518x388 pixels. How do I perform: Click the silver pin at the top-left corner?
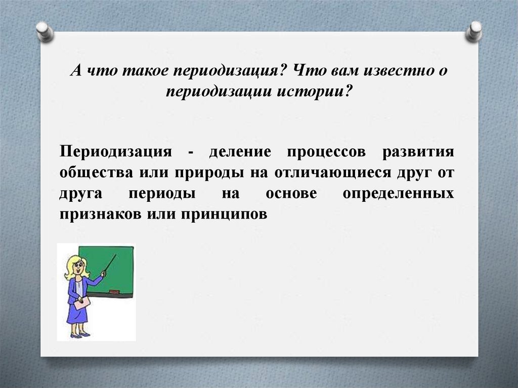tap(45, 31)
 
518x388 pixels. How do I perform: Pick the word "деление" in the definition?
tap(241, 152)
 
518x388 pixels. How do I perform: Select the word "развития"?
tap(418, 152)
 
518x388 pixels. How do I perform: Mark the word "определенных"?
tap(398, 194)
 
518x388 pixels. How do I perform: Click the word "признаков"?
tap(100, 214)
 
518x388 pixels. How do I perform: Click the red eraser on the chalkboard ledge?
tap(114, 291)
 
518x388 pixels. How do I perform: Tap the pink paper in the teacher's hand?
tap(81, 304)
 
